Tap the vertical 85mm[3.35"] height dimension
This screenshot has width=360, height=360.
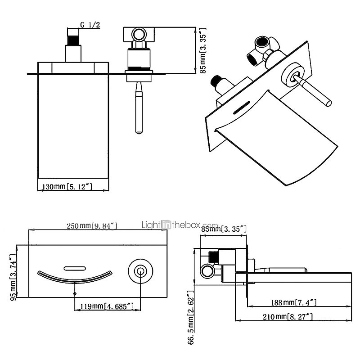(202, 50)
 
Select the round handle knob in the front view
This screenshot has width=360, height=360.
(139, 271)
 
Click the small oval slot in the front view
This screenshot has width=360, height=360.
(75, 269)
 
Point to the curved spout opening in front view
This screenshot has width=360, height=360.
(74, 279)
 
